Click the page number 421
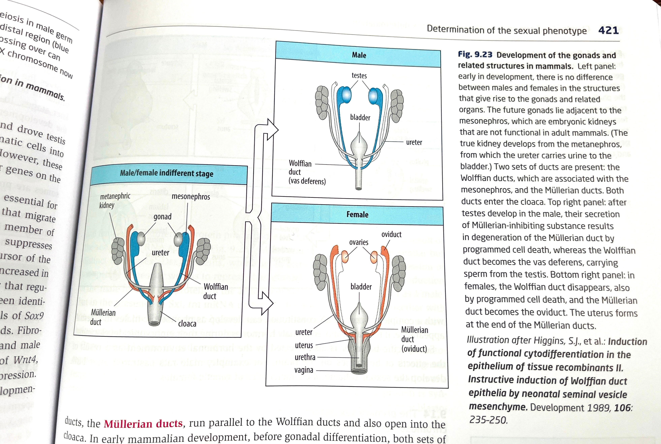[608, 30]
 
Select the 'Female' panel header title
[357, 215]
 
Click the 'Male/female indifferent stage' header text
[167, 173]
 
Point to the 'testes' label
[359, 76]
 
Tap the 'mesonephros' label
[191, 197]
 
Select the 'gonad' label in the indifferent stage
[163, 217]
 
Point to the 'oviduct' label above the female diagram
[391, 234]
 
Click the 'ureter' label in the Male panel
[414, 142]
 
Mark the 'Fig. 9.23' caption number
[475, 54]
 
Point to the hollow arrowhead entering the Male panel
[272, 129]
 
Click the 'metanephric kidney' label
[115, 200]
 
